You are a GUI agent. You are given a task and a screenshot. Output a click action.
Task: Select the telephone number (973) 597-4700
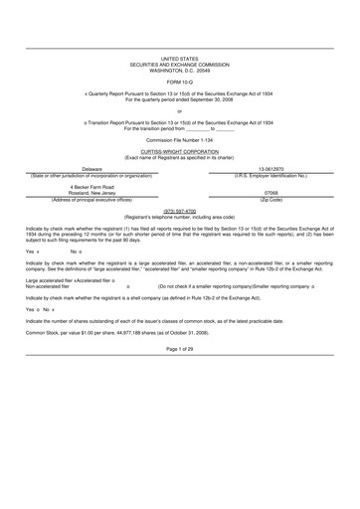180,211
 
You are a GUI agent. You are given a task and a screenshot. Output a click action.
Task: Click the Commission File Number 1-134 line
180,141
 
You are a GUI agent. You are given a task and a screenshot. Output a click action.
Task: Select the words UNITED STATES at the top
180,60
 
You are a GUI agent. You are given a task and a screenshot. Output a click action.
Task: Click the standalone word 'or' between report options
180,110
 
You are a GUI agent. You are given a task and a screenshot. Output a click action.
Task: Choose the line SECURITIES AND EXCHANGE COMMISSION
180,66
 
